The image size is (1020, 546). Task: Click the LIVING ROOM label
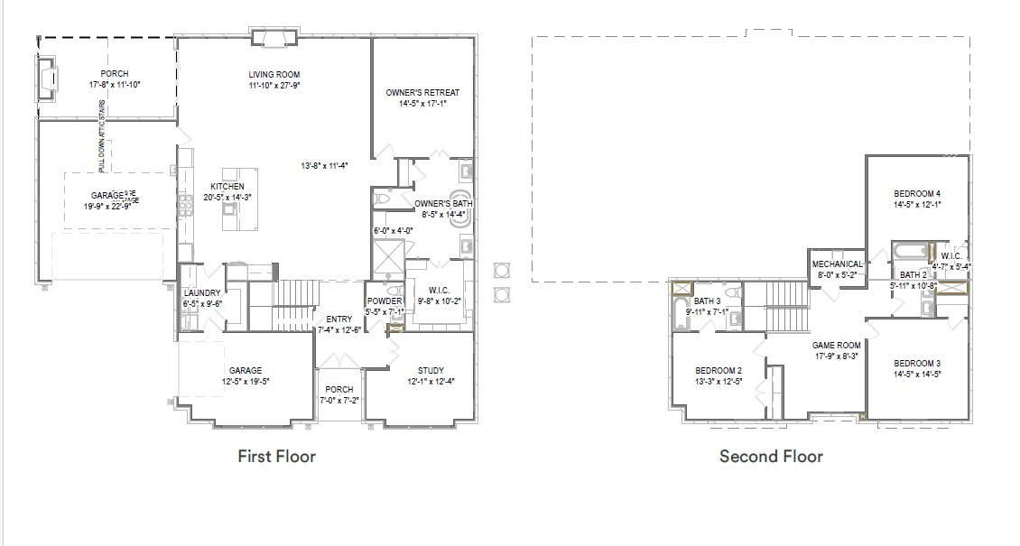point(274,74)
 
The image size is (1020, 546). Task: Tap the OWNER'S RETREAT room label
point(422,93)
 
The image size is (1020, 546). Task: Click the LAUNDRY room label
point(202,293)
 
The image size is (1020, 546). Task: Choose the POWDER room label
point(384,301)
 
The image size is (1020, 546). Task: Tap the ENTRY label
point(339,319)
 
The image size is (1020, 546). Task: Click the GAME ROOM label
point(836,345)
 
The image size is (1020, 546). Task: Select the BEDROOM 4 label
point(917,193)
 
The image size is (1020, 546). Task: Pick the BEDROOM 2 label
point(719,371)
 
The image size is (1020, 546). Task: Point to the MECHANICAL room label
point(837,264)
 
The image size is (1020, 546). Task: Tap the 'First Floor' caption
point(276,457)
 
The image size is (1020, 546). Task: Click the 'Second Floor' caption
point(771,457)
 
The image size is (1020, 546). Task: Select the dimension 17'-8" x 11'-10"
point(115,85)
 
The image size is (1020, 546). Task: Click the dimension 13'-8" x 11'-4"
point(325,166)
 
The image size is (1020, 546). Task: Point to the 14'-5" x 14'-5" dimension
point(917,374)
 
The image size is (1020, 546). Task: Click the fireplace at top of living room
point(274,36)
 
